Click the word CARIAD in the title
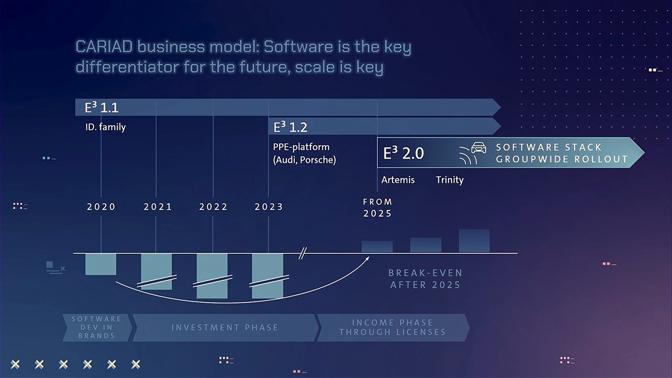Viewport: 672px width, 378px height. tap(104, 47)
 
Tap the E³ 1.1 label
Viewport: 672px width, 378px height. tap(101, 107)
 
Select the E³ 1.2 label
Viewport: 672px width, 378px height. tap(290, 127)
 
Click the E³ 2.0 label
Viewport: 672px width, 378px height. tap(404, 153)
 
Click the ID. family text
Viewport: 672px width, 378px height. tap(105, 127)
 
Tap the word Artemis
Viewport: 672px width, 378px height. tap(398, 180)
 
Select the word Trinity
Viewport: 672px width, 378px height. tap(450, 180)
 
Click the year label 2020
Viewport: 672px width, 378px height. tap(101, 207)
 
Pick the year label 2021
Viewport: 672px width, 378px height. tap(158, 207)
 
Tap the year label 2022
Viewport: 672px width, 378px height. tap(213, 207)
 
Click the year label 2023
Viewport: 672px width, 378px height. tap(269, 207)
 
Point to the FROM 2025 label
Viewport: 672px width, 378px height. tap(377, 208)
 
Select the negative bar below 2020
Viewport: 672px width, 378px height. tap(101, 264)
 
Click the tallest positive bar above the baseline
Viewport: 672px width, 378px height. tap(474, 241)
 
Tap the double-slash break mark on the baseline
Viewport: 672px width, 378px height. tap(303, 253)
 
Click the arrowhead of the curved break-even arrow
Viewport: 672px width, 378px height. tap(367, 258)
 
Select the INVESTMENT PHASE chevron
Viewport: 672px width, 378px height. tap(225, 328)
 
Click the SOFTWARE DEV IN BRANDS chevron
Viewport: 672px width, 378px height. tap(97, 328)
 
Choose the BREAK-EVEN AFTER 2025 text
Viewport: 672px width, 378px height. tap(425, 279)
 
